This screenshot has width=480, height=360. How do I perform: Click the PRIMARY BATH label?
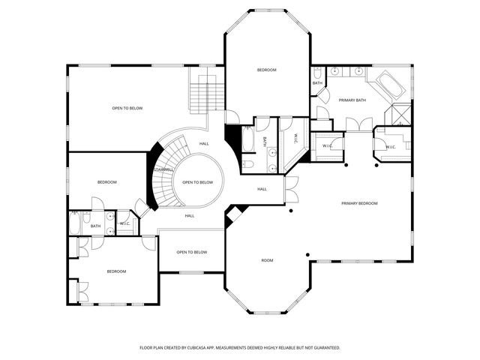(351, 100)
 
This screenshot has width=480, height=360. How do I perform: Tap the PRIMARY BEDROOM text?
(359, 203)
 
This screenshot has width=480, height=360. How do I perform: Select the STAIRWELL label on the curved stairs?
(163, 170)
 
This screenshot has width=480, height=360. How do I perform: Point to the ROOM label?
(267, 260)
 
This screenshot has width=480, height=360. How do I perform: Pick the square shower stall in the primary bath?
(398, 114)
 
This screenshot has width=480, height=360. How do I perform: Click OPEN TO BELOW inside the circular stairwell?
(198, 182)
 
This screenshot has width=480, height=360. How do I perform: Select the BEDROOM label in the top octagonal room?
(267, 70)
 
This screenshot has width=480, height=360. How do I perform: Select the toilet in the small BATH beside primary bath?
(318, 73)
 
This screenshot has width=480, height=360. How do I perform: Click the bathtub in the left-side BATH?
(76, 223)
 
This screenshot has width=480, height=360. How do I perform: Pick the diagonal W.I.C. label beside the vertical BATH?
(295, 139)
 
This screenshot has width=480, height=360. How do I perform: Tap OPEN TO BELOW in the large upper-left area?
(127, 108)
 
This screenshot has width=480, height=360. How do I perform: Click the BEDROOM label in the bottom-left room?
(116, 271)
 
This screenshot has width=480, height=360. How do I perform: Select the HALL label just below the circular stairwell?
(190, 216)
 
